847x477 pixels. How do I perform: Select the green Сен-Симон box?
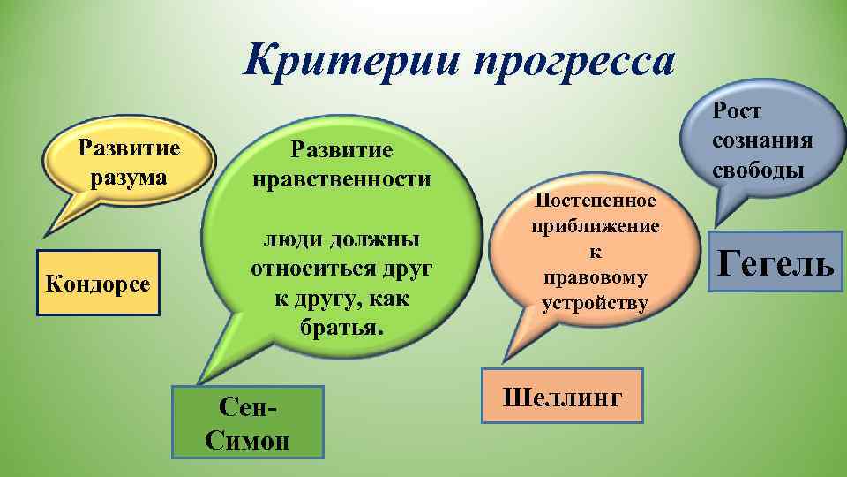click(x=247, y=421)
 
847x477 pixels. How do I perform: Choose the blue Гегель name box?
click(x=775, y=262)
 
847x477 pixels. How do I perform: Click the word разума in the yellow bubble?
click(x=129, y=178)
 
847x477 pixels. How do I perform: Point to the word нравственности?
click(x=341, y=179)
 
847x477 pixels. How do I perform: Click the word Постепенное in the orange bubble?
click(x=595, y=201)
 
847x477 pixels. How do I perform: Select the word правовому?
click(x=595, y=278)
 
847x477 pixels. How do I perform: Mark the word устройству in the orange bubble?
click(x=595, y=304)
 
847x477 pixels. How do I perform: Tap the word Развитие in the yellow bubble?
click(x=129, y=147)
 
